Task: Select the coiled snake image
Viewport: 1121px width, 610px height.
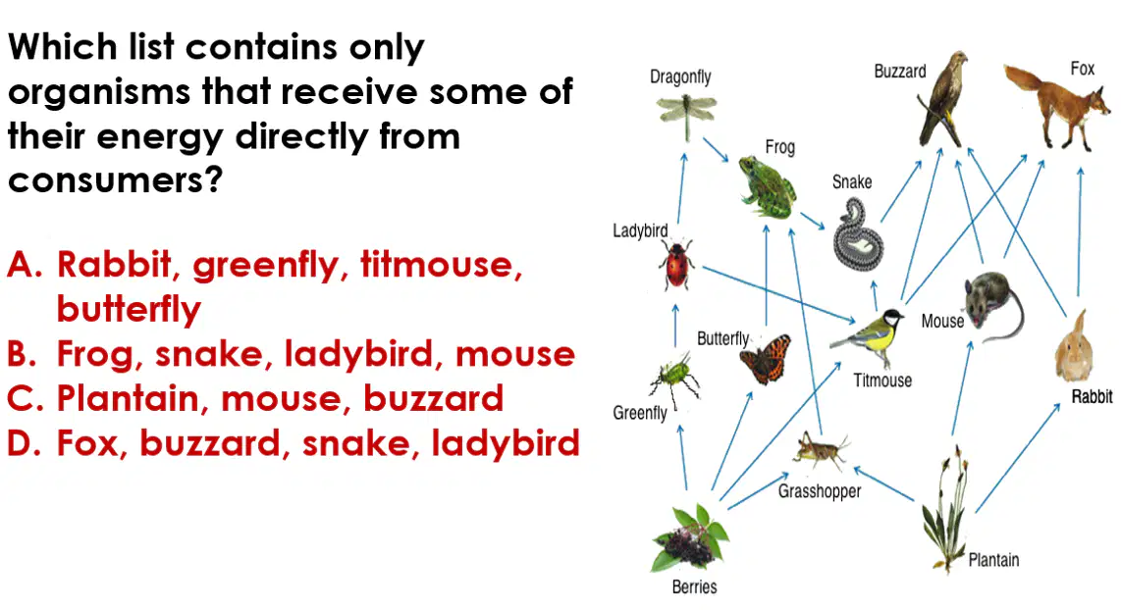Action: point(857,234)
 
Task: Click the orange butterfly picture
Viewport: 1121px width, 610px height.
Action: point(766,359)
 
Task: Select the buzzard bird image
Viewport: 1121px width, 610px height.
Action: point(942,99)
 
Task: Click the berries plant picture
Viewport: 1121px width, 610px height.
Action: point(689,538)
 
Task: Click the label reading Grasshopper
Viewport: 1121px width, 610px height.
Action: point(820,491)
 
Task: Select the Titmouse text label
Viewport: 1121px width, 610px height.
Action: point(882,381)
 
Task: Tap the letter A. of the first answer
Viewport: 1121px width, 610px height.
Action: point(26,264)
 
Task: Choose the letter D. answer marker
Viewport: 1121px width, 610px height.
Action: point(25,443)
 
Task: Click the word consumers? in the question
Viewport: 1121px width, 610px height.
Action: point(115,180)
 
